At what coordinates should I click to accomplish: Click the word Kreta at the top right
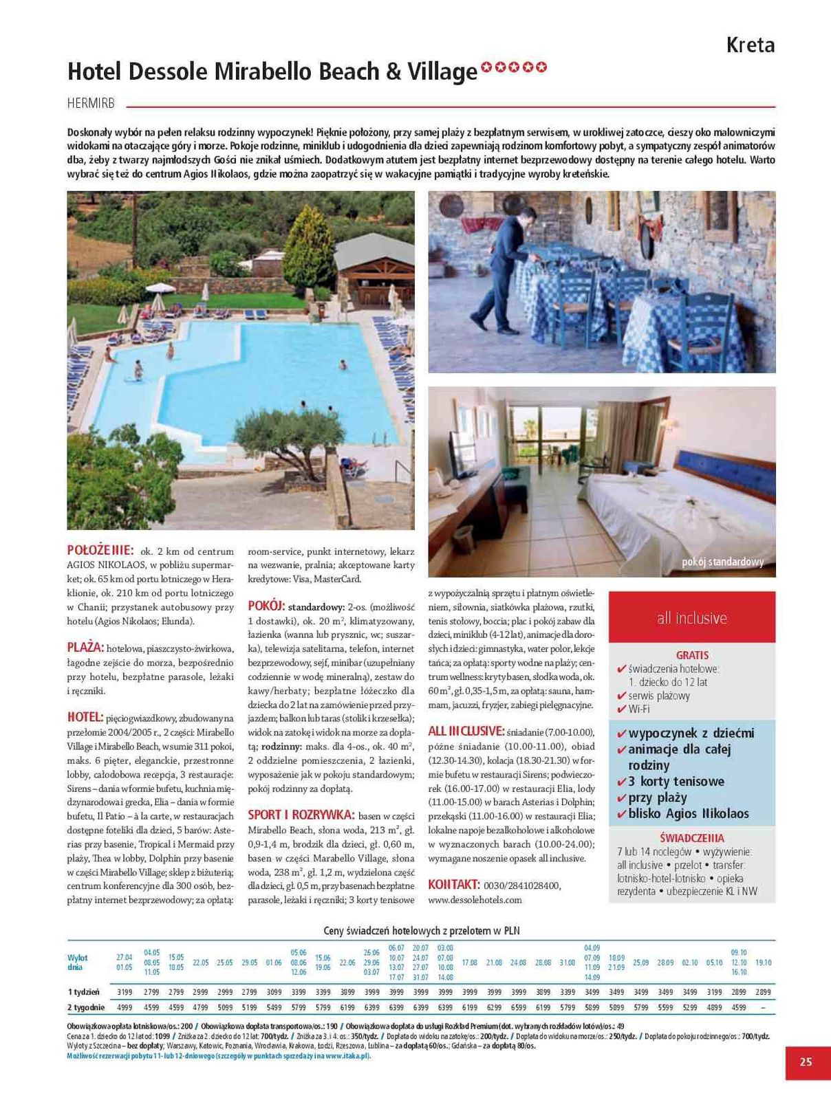750,45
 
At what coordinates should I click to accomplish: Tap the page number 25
806,1061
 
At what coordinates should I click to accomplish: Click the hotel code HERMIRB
91,104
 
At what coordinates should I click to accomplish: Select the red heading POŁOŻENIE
100,550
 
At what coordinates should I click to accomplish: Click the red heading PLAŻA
85,647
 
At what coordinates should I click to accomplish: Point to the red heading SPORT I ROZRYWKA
301,815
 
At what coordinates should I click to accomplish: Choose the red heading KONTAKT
453,884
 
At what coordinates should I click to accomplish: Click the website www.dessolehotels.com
475,899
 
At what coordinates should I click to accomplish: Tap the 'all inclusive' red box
691,617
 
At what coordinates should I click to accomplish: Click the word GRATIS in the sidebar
692,655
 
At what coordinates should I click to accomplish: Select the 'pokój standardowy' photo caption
722,562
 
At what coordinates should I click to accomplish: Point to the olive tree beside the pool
279,440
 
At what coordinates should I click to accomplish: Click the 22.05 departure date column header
200,962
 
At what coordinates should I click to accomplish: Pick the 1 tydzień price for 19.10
763,992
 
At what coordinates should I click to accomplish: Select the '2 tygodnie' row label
86,1007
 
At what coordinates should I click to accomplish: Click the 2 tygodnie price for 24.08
518,1007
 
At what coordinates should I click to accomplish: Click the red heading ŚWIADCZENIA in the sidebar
691,838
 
